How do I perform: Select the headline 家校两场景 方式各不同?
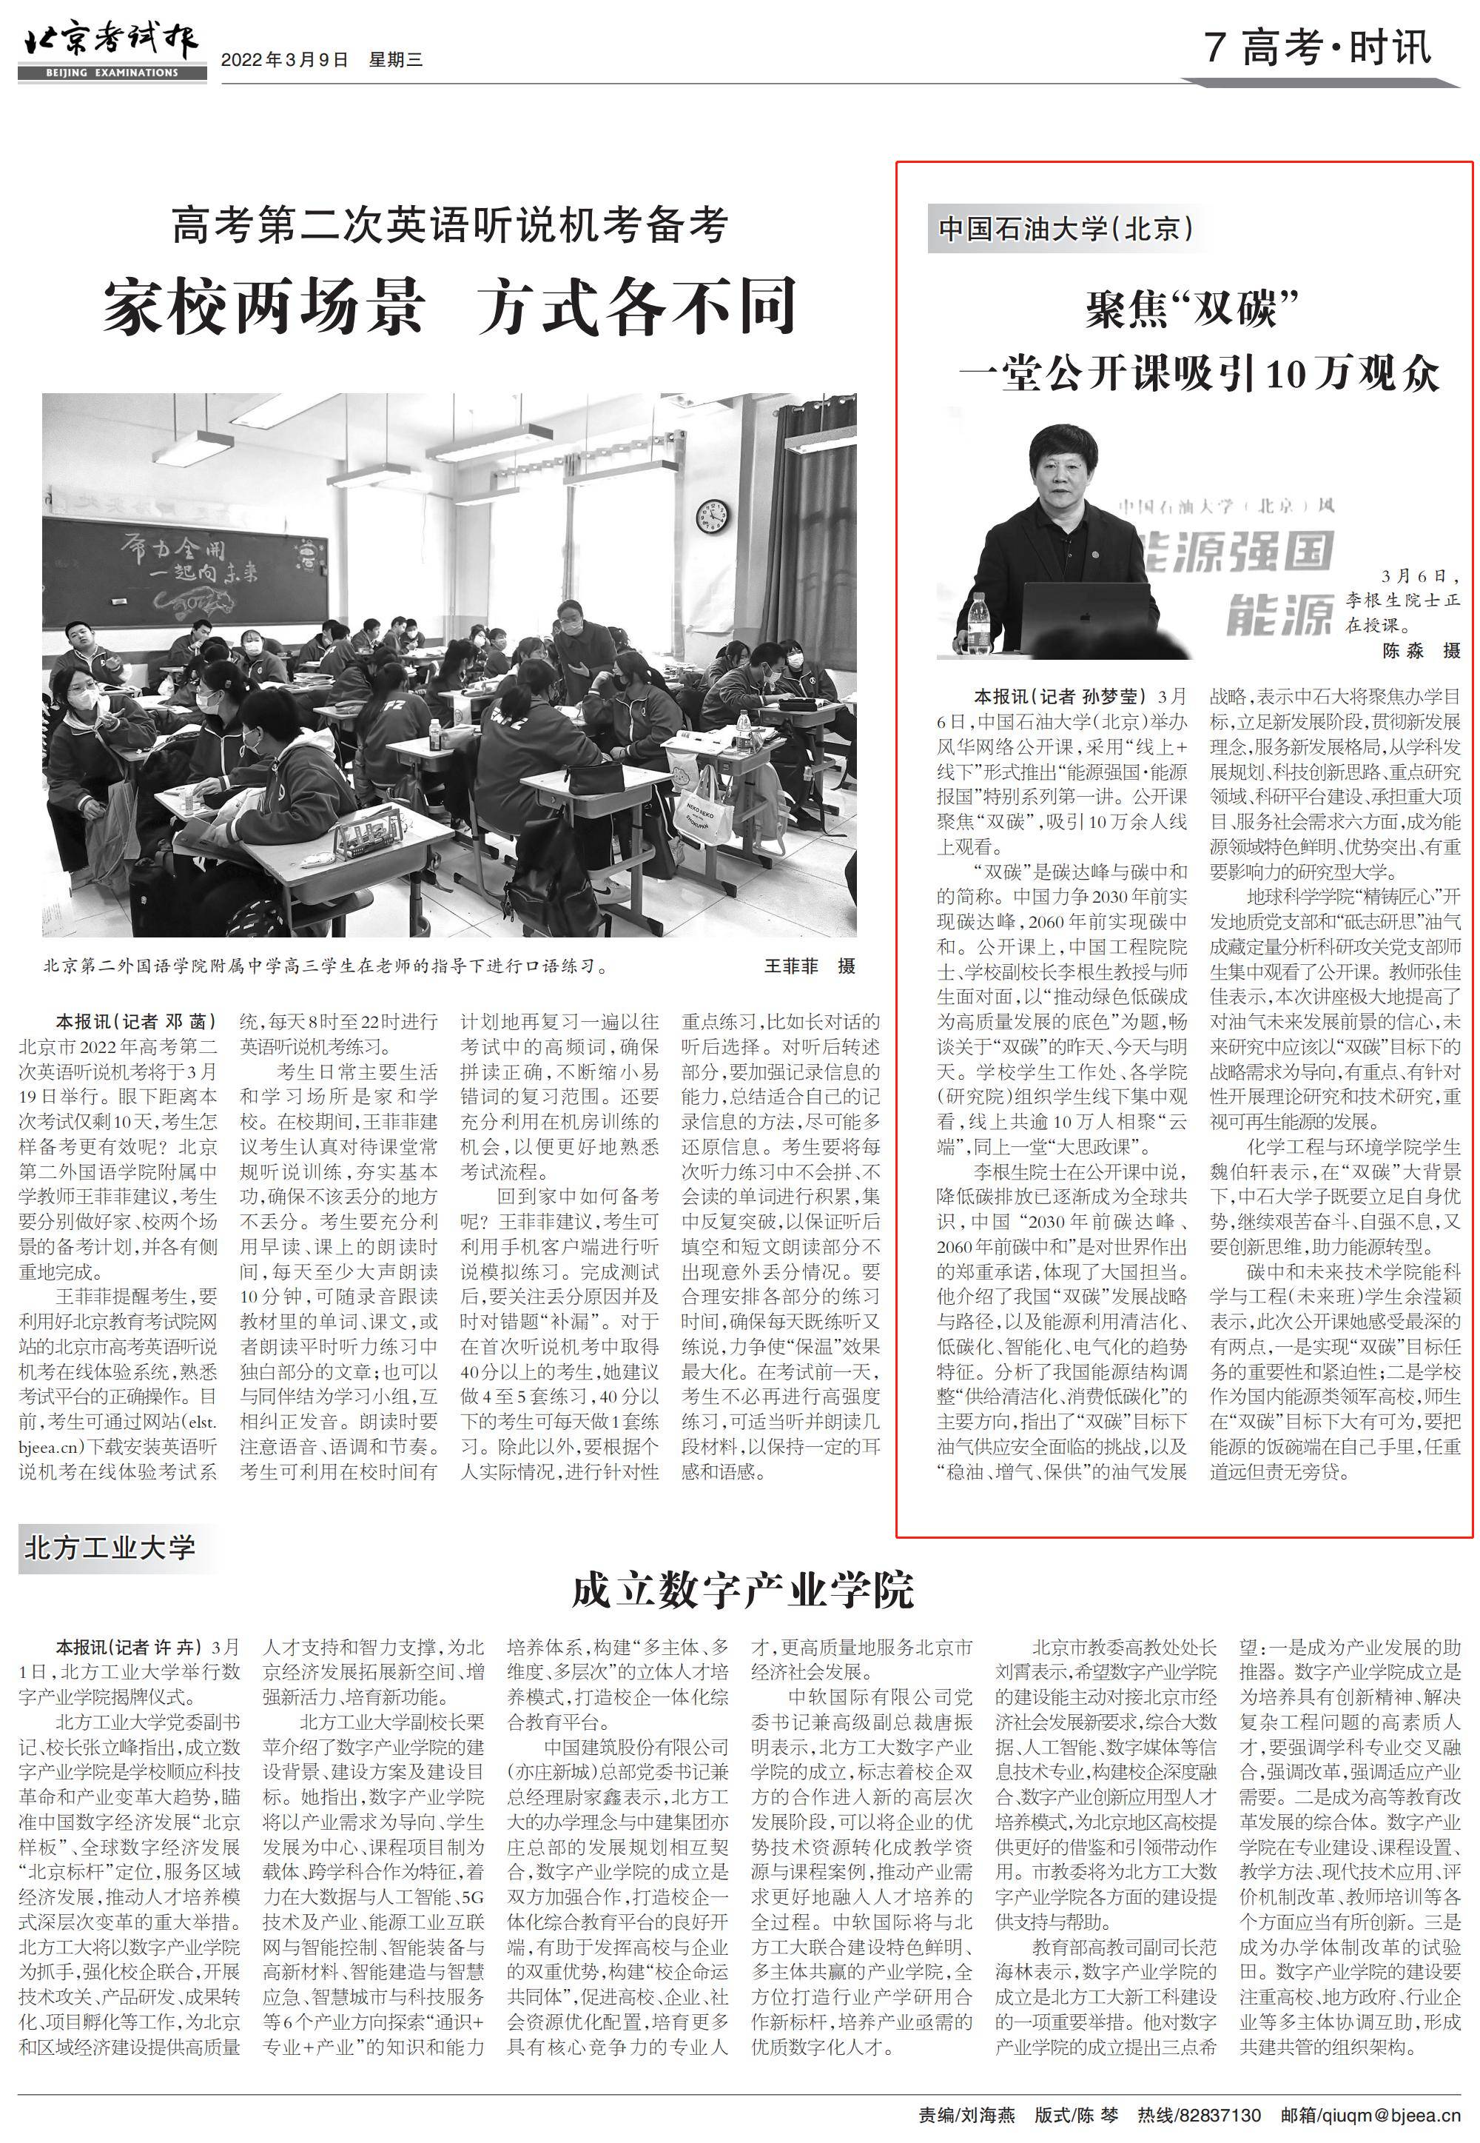click(449, 306)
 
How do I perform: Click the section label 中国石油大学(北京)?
click(1066, 228)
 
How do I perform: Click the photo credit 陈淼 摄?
click(1421, 651)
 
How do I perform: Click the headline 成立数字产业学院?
click(742, 1589)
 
